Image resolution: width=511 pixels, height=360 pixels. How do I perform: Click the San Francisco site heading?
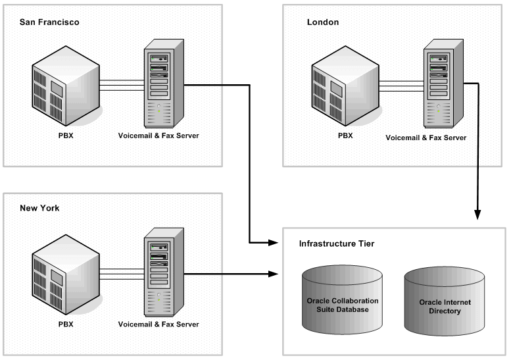point(49,22)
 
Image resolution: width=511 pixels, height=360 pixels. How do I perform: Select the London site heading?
point(323,22)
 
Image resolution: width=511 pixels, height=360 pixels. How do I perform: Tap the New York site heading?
point(39,208)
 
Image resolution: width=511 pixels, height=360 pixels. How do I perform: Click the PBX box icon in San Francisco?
point(66,86)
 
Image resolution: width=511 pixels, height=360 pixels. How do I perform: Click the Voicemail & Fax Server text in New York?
point(158,324)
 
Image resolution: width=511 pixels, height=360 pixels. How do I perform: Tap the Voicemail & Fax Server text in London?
point(426,138)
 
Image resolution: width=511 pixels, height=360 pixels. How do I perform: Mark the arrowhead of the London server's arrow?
point(477,215)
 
